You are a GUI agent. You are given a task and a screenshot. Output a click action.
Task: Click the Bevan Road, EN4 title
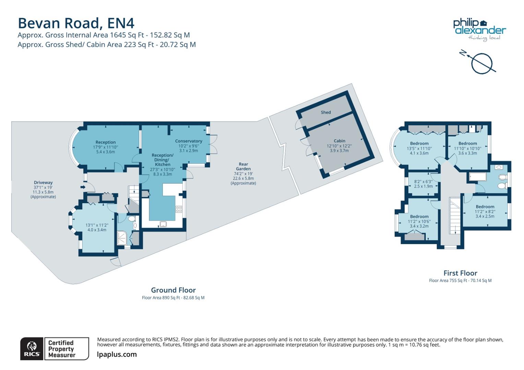coord(76,23)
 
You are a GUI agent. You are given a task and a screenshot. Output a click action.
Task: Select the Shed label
coord(325,112)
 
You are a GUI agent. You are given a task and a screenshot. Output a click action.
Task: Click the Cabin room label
coord(339,141)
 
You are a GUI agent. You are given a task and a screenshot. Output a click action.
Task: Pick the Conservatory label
coord(188,141)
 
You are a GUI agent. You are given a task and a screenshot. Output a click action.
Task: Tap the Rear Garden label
coord(243,166)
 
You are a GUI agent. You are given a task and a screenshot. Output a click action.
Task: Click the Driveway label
coord(43,183)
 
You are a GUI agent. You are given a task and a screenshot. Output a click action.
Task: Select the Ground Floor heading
coord(173,290)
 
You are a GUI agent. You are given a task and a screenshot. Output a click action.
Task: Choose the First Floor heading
coord(460,273)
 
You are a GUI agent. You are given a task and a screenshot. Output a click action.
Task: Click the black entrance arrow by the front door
coord(83,187)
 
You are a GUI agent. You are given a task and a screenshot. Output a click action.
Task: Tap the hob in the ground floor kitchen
coord(179,209)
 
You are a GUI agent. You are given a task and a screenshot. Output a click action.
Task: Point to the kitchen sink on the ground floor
coord(163,224)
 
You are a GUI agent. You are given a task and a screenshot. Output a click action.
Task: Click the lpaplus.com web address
coord(117,355)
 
